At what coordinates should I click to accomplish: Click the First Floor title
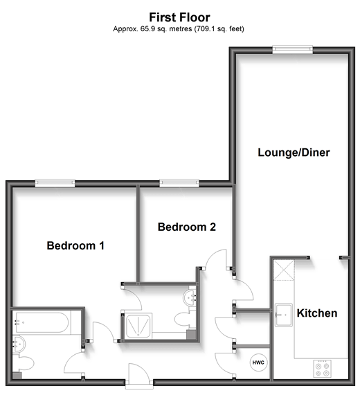179,17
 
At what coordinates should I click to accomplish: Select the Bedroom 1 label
75,245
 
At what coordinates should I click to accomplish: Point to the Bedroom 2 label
187,227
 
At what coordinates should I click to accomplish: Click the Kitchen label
317,313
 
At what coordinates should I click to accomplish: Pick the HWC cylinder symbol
258,362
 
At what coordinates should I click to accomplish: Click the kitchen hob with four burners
323,368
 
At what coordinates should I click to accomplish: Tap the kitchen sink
284,315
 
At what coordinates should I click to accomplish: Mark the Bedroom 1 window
55,182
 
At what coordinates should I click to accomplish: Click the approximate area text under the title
179,29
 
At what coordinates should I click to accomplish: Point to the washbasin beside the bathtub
19,343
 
